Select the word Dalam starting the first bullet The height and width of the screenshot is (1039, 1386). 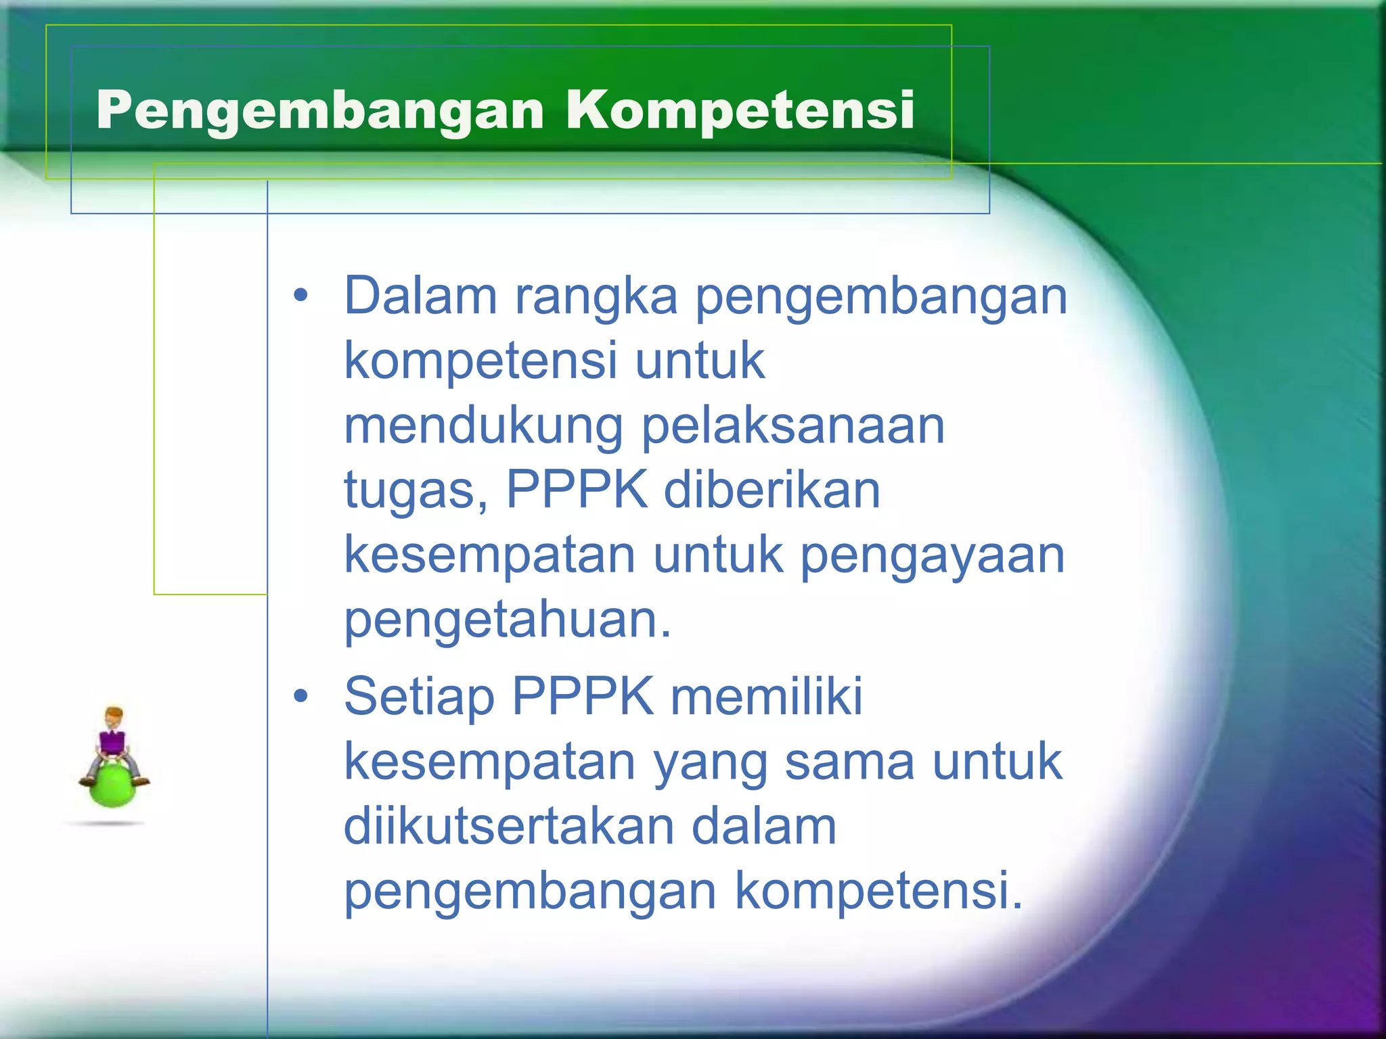420,296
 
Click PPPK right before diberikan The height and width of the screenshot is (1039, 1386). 576,490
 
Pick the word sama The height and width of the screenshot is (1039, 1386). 850,762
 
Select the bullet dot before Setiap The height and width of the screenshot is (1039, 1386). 300,696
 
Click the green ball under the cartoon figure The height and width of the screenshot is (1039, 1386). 112,787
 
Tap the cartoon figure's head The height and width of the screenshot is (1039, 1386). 114,717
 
